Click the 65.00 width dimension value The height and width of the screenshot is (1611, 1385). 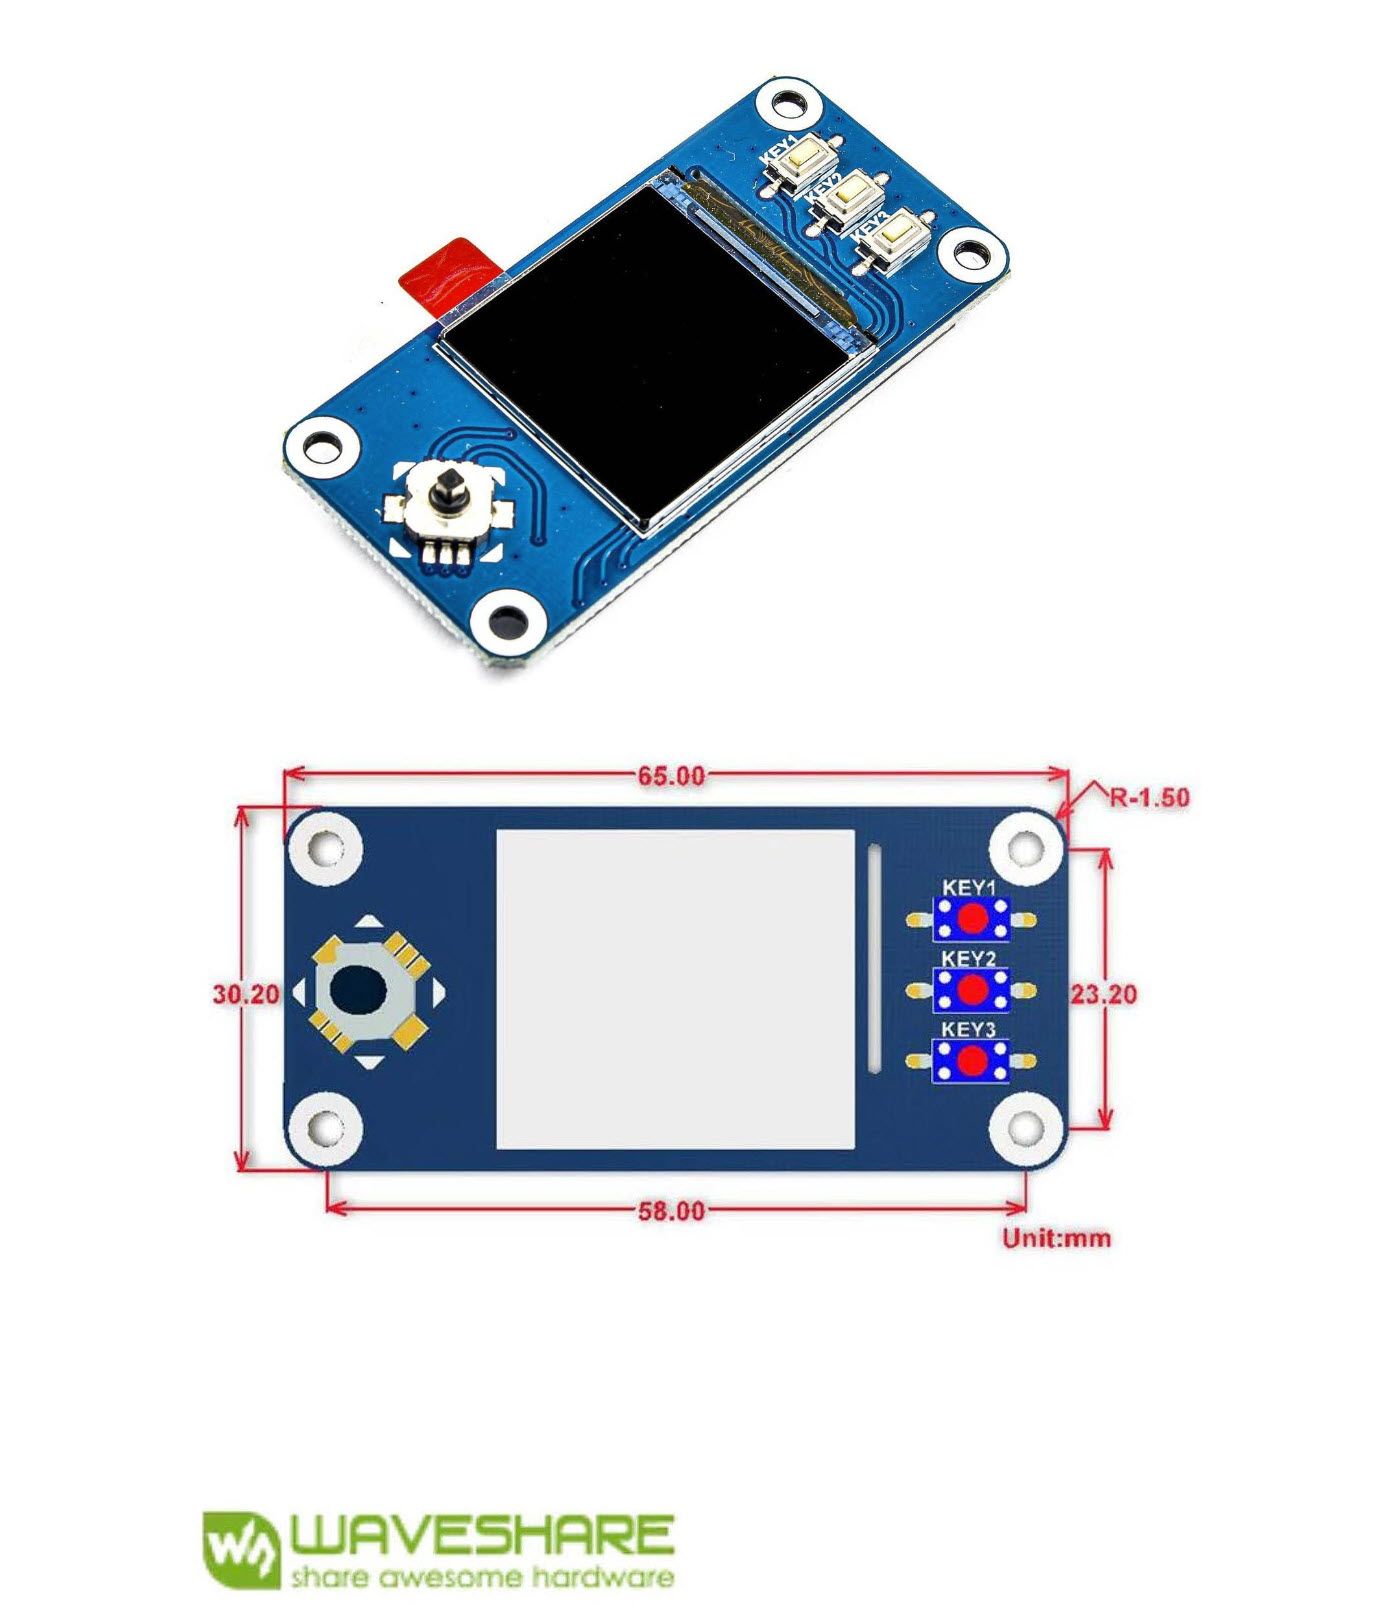click(671, 776)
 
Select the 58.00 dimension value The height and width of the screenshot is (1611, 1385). click(671, 1211)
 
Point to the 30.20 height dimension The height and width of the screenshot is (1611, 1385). click(245, 994)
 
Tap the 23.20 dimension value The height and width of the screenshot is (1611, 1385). click(1104, 994)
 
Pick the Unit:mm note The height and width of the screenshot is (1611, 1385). click(1056, 1238)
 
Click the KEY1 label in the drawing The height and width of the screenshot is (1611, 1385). click(969, 888)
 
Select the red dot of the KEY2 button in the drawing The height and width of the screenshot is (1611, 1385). click(972, 990)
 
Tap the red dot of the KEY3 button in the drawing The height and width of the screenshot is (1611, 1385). click(972, 1061)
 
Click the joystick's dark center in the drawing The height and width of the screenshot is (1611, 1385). click(358, 991)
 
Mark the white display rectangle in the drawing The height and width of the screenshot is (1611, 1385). click(676, 989)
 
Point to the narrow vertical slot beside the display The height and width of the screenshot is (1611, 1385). click(874, 959)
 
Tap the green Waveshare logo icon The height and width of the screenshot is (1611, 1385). click(240, 1549)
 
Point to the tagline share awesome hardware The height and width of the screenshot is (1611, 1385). click(482, 1578)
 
